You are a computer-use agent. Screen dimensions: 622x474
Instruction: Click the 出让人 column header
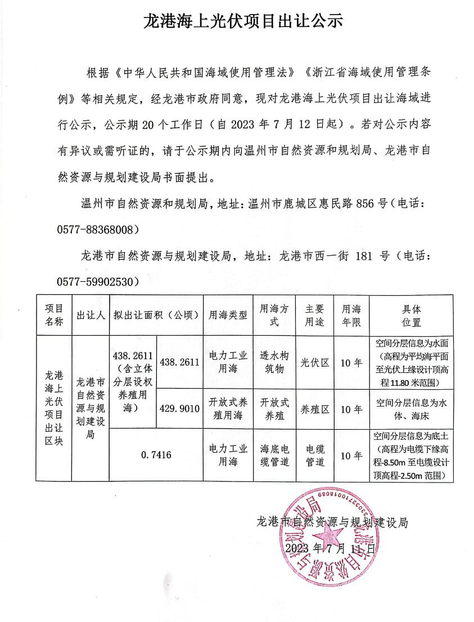point(91,315)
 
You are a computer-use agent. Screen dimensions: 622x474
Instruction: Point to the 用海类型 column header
point(228,315)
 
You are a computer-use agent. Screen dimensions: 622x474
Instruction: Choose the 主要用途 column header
point(315,315)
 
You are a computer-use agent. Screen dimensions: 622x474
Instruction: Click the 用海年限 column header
point(352,315)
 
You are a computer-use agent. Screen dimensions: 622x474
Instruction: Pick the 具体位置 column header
point(412,315)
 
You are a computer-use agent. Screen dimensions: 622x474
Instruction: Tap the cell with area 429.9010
point(180,409)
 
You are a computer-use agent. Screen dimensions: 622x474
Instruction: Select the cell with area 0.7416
point(156,455)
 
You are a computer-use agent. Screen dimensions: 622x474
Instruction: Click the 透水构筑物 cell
point(274,363)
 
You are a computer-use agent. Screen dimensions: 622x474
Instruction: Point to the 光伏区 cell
point(315,363)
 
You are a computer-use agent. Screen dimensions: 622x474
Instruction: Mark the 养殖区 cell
point(315,409)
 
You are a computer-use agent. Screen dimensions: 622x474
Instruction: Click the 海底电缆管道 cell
point(274,455)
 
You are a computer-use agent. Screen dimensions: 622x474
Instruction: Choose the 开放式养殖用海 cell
point(228,409)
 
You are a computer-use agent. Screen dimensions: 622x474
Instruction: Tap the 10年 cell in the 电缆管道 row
point(352,455)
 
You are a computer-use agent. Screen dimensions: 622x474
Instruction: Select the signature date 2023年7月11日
point(329,548)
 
